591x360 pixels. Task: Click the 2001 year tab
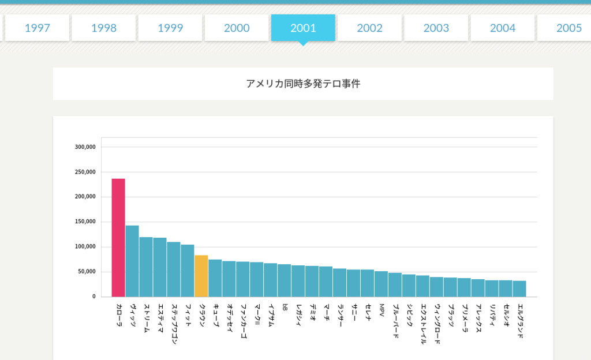(303, 28)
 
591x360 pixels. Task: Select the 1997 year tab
(37, 28)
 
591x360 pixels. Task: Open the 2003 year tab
(436, 28)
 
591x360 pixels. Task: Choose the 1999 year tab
(170, 28)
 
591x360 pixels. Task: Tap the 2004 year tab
(502, 28)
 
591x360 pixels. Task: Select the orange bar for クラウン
(201, 276)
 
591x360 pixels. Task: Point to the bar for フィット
(188, 271)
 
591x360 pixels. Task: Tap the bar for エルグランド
(519, 288)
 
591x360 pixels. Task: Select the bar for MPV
(381, 284)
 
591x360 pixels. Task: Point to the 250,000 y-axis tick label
(85, 172)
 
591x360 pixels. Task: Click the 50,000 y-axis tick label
(86, 272)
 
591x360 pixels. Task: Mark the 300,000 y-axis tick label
(85, 147)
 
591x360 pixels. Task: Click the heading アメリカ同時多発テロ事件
(303, 84)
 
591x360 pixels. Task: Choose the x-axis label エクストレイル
(423, 324)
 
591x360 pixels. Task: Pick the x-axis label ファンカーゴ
(243, 321)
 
